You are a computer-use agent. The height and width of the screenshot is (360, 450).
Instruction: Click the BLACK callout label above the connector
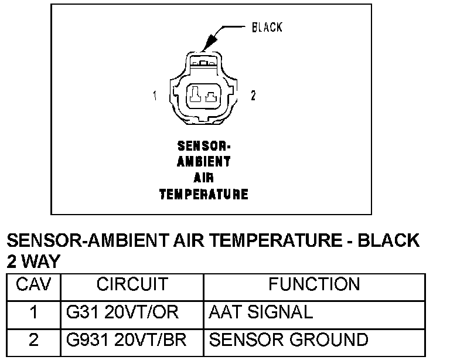pyautogui.click(x=267, y=28)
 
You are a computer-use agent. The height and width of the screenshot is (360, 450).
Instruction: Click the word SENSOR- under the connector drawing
pyautogui.click(x=204, y=147)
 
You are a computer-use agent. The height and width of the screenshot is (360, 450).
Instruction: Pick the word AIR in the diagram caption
pyautogui.click(x=204, y=178)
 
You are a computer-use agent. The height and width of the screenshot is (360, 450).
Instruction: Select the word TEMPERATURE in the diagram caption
pyautogui.click(x=204, y=193)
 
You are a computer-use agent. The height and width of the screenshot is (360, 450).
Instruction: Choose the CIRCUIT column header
pyautogui.click(x=132, y=285)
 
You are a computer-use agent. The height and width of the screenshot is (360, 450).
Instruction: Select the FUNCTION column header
pyautogui.click(x=314, y=285)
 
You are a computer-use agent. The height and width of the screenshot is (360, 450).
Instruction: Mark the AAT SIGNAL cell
pyautogui.click(x=261, y=313)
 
